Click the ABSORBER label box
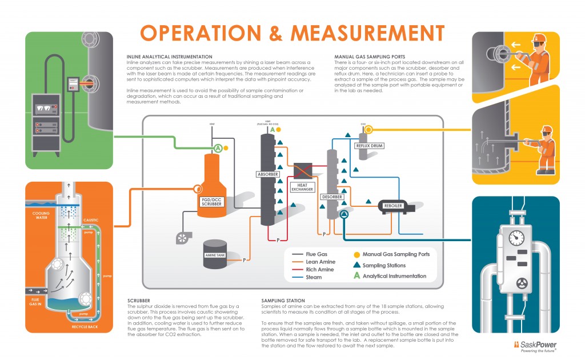tap(268, 174)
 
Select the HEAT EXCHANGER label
tap(302, 187)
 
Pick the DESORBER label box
tap(332, 197)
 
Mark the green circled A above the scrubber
tap(218, 148)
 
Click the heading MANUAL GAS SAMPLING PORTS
tap(369, 57)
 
